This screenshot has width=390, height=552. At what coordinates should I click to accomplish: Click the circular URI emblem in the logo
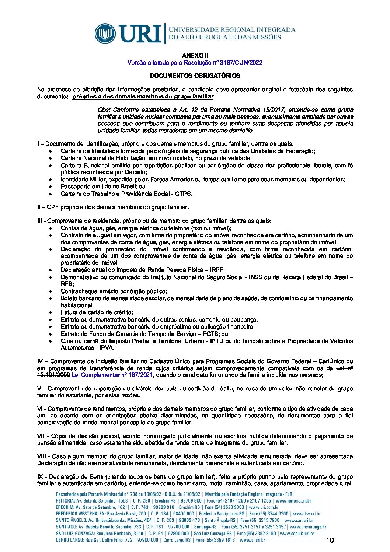[105, 34]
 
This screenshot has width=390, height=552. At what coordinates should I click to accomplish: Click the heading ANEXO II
[195, 55]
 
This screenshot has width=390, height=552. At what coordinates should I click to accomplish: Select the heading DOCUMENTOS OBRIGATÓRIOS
[195, 76]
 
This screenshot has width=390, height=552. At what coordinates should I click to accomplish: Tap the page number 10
[330, 541]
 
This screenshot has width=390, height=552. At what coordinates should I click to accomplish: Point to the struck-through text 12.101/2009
[53, 375]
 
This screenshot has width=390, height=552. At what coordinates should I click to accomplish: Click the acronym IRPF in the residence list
[217, 270]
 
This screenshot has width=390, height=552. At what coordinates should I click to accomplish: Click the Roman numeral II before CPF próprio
[39, 207]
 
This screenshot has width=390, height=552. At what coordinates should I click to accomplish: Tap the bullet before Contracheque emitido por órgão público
[51, 291]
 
